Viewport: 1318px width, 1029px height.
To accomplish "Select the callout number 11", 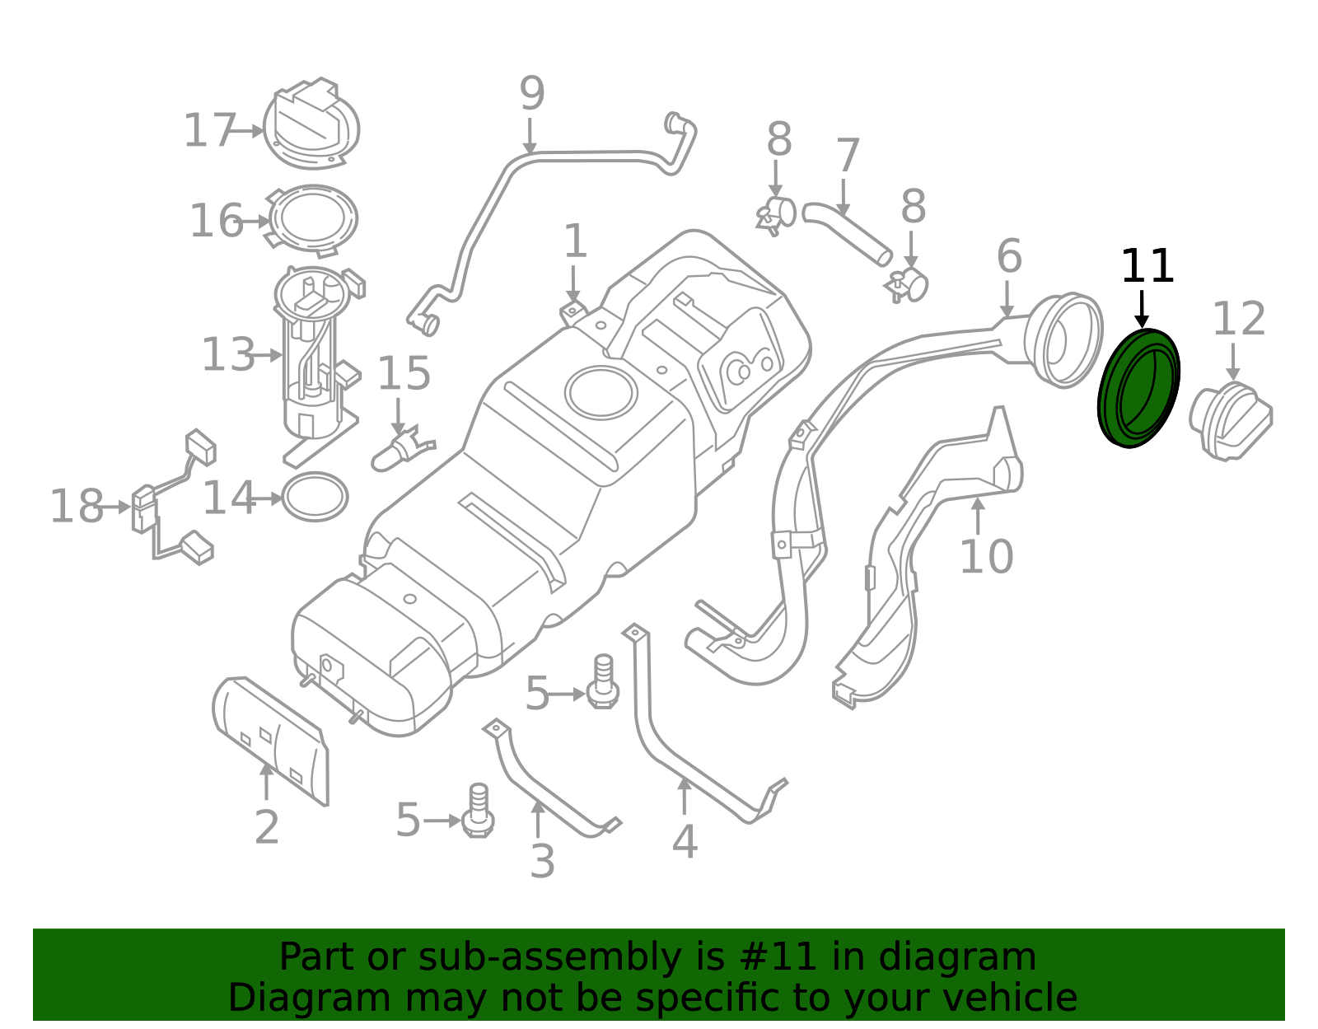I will click(1147, 267).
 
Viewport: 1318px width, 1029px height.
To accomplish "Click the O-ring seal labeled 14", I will click(315, 497).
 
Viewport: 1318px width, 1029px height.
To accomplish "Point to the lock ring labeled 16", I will click(314, 219).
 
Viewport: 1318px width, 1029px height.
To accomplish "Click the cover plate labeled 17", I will click(311, 125).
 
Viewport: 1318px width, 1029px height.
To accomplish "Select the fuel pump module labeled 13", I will click(313, 354).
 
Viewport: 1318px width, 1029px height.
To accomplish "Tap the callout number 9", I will click(531, 94).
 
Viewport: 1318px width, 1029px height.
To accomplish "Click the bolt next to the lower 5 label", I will click(478, 813).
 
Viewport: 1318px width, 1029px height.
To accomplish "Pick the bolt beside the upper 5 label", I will click(603, 684).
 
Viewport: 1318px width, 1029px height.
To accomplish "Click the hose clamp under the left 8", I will click(776, 213).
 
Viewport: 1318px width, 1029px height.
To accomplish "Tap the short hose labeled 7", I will click(847, 234).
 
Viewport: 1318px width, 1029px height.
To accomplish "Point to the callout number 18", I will click(77, 506).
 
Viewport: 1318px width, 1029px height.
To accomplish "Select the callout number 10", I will click(986, 557).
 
